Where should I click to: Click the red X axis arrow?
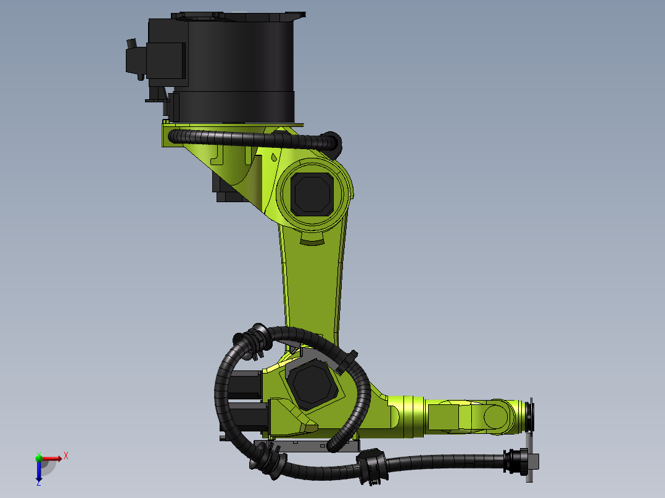(51, 459)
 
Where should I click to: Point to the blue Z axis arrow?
(39, 470)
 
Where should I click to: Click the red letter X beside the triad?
(66, 456)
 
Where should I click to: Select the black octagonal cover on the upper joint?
(312, 194)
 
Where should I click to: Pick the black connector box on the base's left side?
(136, 59)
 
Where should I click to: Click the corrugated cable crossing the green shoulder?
(254, 139)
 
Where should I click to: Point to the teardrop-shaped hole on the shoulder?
(274, 157)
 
